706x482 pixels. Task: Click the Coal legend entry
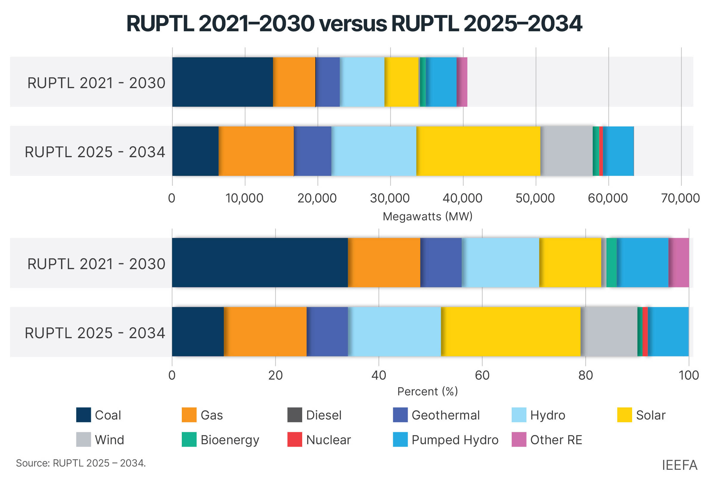pos(99,415)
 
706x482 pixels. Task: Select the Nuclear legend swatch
pos(295,439)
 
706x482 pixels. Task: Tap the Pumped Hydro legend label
pos(454,440)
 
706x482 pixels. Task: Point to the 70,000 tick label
pos(680,198)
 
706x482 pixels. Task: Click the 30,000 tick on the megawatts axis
pos(390,198)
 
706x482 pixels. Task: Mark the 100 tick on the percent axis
pos(688,375)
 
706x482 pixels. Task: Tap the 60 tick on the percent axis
pos(482,375)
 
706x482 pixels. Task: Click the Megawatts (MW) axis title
pos(427,216)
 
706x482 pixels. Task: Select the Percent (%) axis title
pos(427,391)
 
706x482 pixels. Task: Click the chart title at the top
pos(354,24)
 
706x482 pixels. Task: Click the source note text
pos(81,463)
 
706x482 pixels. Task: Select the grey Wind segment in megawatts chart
pos(566,151)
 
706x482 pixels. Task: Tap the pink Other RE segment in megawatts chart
pos(462,82)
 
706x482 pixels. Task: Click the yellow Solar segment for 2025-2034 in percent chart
pos(511,332)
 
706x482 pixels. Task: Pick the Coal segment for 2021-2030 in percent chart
pos(260,263)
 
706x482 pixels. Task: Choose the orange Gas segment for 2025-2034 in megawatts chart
pos(256,151)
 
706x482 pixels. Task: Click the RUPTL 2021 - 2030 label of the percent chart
pos(96,264)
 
